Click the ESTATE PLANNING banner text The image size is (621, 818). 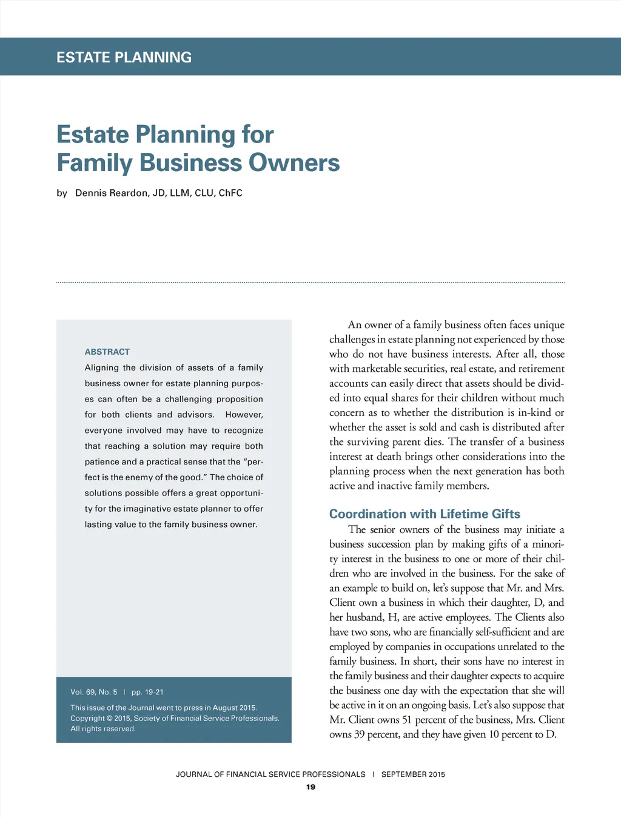pos(124,58)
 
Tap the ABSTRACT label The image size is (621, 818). pos(107,352)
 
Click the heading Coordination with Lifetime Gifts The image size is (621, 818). pos(425,514)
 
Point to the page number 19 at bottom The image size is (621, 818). pos(310,787)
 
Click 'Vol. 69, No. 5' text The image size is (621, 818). pos(94,692)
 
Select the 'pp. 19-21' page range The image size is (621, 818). pos(147,692)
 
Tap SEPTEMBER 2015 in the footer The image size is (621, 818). pos(413,774)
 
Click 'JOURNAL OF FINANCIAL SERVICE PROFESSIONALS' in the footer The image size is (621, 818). pos(270,774)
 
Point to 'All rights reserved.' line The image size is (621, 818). pos(103,729)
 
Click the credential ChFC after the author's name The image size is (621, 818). pos(230,193)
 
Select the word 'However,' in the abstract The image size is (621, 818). pos(244,415)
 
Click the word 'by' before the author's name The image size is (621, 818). pos(62,193)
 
